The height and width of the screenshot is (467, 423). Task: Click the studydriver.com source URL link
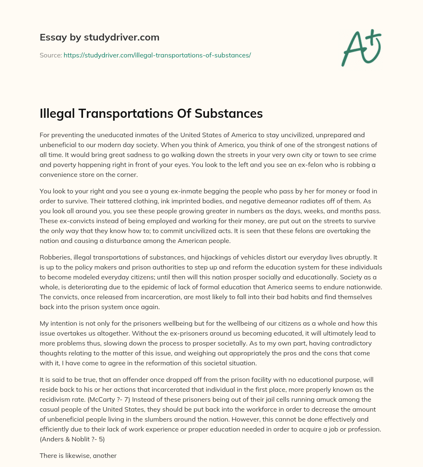157,55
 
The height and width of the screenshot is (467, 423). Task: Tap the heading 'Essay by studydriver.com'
100,37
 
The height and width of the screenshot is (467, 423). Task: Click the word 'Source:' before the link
50,55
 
